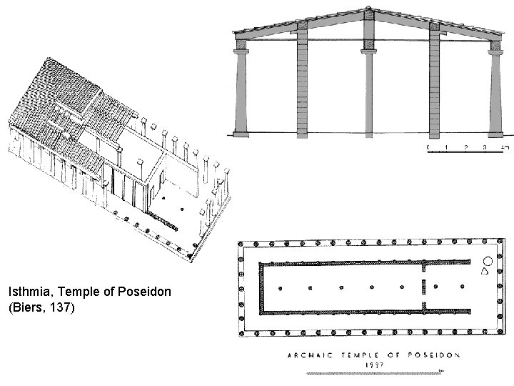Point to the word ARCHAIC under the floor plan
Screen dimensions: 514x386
[309, 354]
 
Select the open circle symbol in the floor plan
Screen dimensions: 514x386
[488, 261]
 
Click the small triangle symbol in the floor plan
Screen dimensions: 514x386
[485, 272]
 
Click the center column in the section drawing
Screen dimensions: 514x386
[370, 89]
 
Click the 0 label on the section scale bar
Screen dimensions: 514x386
[428, 148]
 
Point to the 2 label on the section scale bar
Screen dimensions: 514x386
[466, 148]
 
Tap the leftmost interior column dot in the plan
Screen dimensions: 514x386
[279, 288]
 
